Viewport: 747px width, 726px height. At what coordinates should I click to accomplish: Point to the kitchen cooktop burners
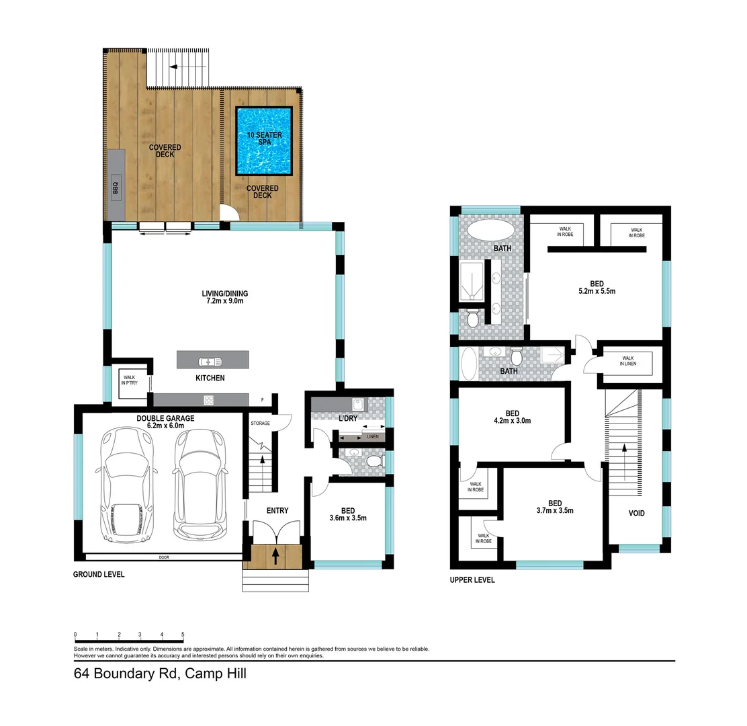click(209, 399)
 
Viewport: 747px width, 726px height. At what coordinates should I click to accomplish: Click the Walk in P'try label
click(130, 380)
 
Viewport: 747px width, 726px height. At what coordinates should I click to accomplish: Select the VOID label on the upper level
click(636, 514)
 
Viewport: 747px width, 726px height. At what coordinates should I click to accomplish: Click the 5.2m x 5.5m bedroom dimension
click(597, 292)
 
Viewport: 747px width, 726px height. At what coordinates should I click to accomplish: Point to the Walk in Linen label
click(628, 361)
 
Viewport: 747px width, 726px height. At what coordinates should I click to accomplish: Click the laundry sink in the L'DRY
click(359, 405)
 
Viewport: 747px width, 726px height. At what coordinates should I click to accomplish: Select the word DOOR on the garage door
click(164, 557)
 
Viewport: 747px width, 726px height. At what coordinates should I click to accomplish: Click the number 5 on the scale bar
click(183, 635)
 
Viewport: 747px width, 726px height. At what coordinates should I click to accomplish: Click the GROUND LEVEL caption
click(99, 575)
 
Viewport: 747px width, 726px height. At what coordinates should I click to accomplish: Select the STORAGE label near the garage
click(260, 424)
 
